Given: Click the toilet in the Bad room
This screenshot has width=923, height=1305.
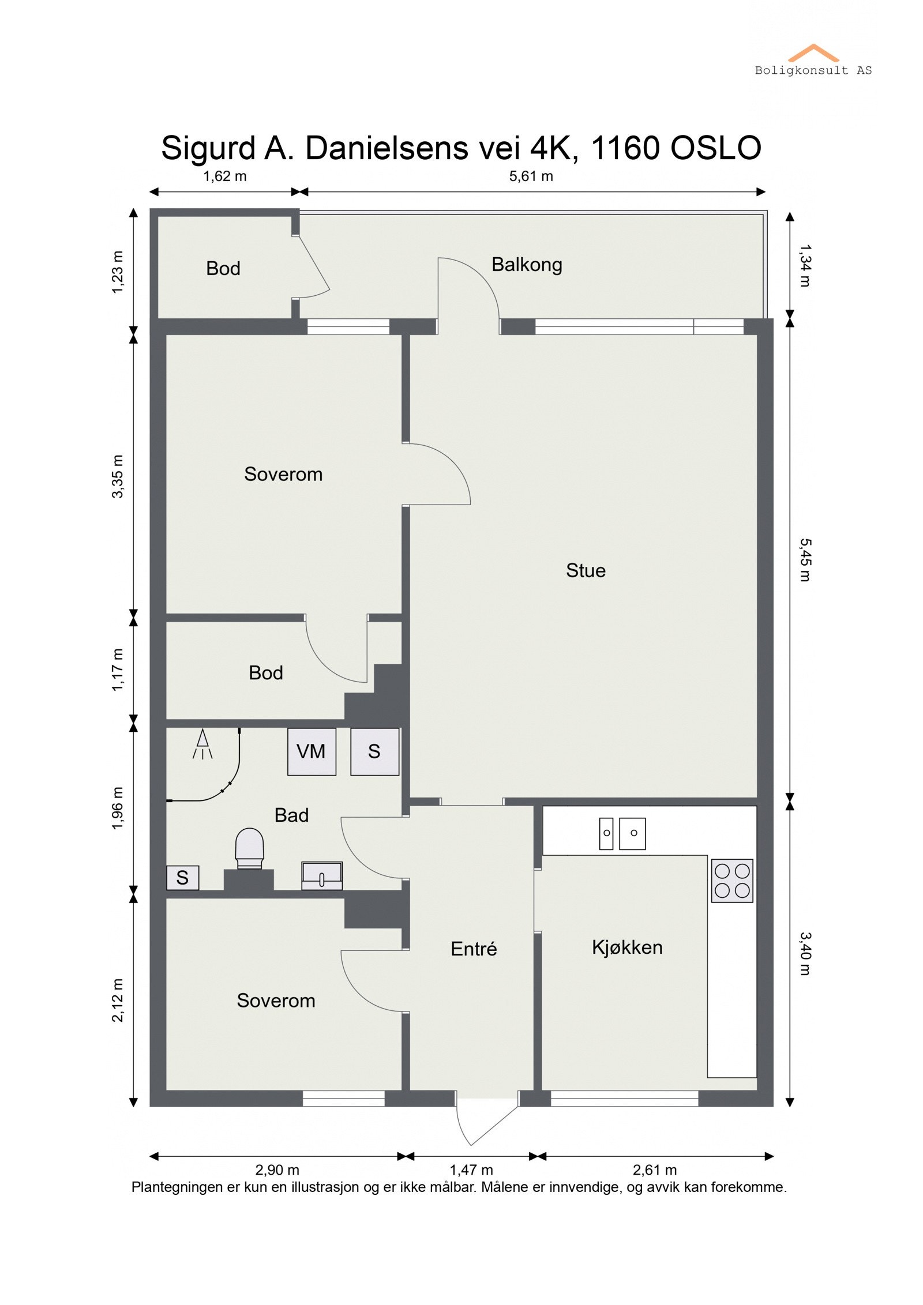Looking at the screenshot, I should [249, 848].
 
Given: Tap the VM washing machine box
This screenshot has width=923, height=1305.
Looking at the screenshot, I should [312, 751].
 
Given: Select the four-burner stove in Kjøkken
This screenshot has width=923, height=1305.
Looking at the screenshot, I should [731, 881].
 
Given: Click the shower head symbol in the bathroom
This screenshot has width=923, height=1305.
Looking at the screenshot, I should [202, 744].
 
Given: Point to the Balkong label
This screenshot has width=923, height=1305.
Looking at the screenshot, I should [526, 265].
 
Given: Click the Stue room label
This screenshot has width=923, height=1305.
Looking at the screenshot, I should [585, 570].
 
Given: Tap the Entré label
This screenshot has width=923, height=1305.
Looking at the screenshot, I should [473, 949].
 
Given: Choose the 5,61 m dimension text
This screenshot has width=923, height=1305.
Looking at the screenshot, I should [530, 176].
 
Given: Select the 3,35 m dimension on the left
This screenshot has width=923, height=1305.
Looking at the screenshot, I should [118, 476].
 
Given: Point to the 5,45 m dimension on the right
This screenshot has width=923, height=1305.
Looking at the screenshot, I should [805, 559].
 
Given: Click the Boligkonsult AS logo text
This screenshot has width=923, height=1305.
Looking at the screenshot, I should [813, 70].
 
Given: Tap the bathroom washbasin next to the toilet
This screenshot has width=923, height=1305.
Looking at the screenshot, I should [322, 875].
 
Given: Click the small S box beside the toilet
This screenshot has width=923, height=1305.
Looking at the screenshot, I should [182, 878].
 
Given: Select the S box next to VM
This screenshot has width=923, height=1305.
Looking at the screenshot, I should [374, 751].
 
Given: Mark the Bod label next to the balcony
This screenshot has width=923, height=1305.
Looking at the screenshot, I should [223, 268].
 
